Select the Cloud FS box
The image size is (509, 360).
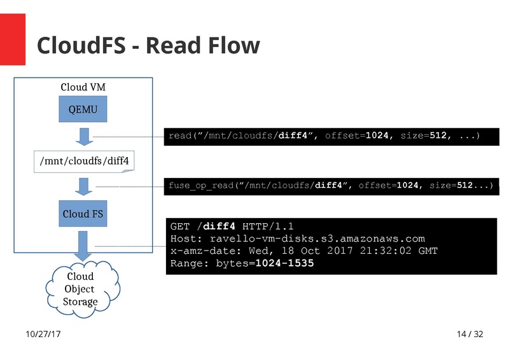click(83, 214)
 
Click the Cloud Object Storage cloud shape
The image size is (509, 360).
click(81, 289)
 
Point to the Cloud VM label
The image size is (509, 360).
click(83, 87)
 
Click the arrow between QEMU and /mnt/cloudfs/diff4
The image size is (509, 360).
click(83, 135)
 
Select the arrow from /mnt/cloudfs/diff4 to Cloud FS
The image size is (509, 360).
click(83, 187)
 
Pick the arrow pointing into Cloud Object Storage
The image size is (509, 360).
click(83, 246)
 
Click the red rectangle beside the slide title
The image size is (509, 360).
click(13, 39)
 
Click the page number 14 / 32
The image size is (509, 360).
click(470, 334)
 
